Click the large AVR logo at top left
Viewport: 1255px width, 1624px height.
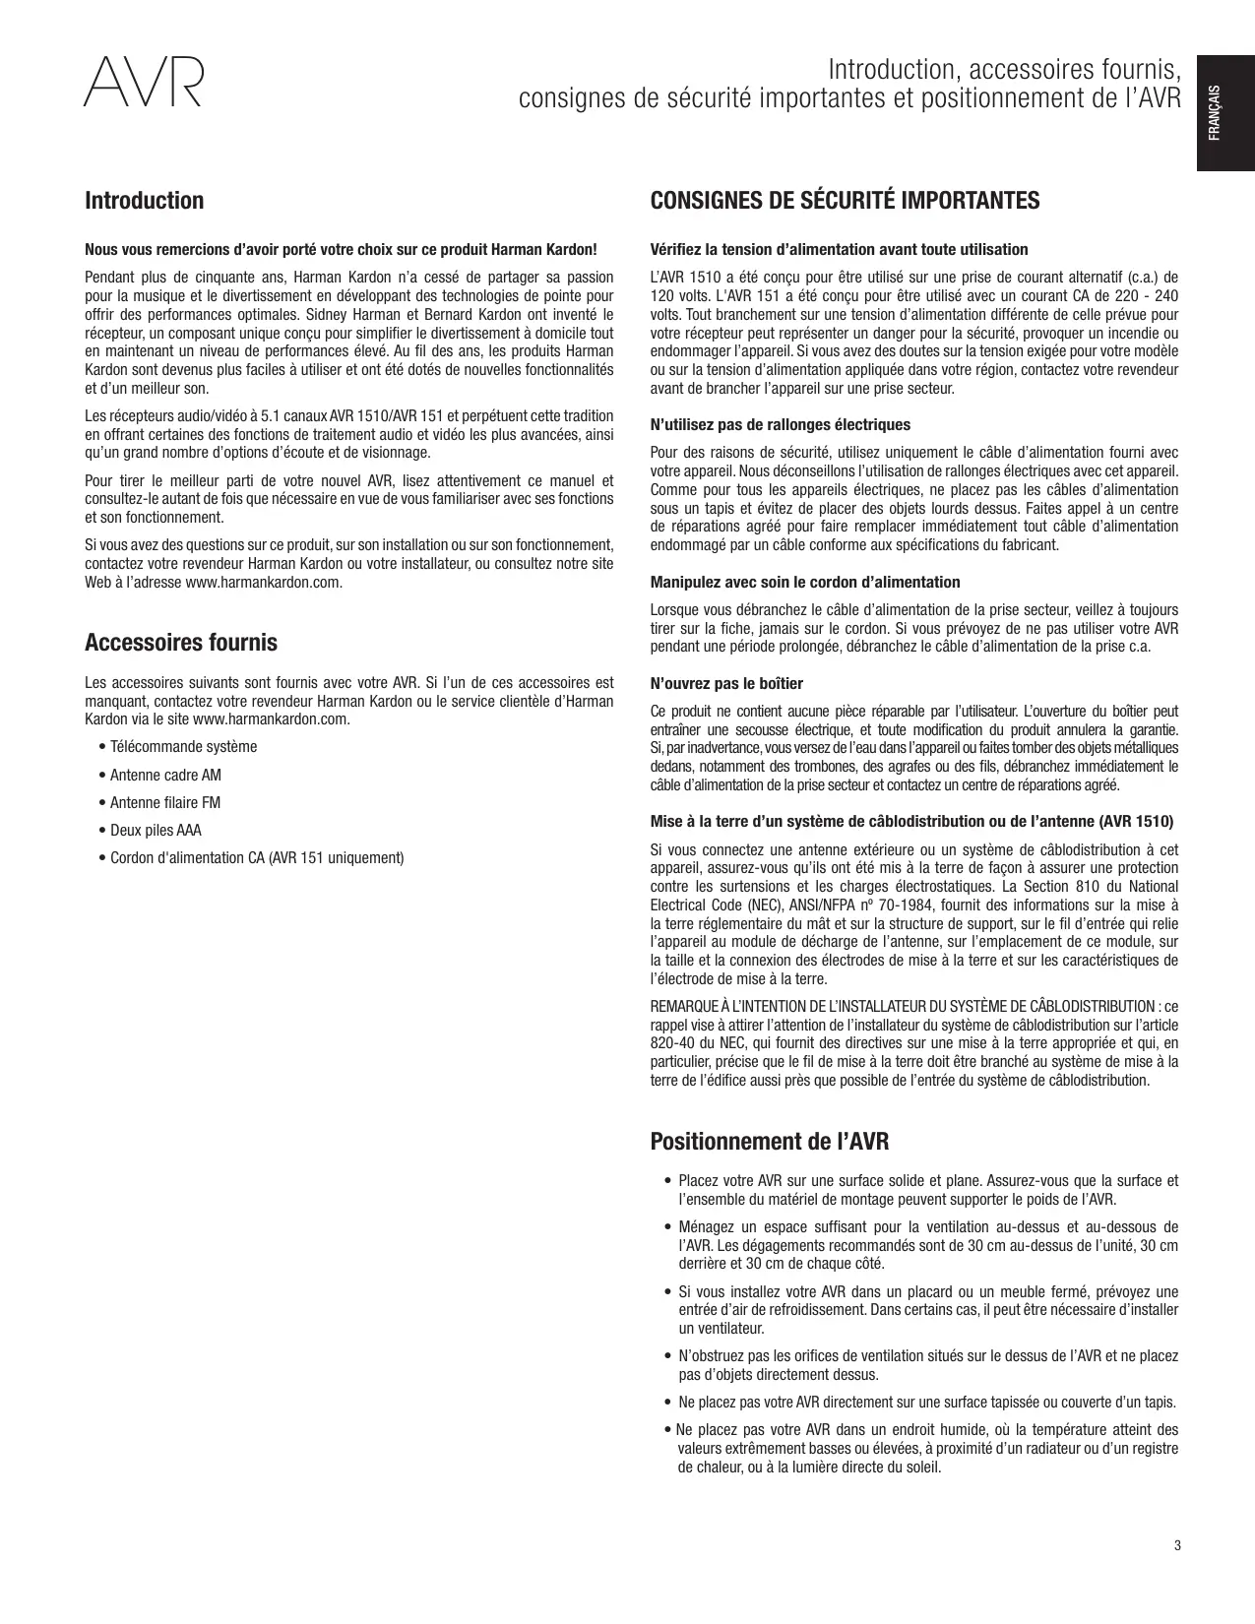point(144,83)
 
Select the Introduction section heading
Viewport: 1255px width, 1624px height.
point(145,201)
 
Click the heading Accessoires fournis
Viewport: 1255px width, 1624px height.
point(181,643)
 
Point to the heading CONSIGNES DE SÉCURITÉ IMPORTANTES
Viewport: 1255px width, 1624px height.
point(845,201)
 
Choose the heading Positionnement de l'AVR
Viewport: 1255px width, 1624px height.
point(770,1142)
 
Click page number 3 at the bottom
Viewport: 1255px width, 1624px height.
point(1176,1545)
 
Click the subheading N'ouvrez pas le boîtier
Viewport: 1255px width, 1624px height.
point(726,683)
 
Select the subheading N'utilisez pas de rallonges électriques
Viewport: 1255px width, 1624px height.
point(781,424)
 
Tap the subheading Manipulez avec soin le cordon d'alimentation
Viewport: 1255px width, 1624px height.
point(805,582)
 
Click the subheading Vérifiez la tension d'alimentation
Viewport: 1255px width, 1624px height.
point(840,249)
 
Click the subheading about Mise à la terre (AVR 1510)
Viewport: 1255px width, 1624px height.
point(912,821)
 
